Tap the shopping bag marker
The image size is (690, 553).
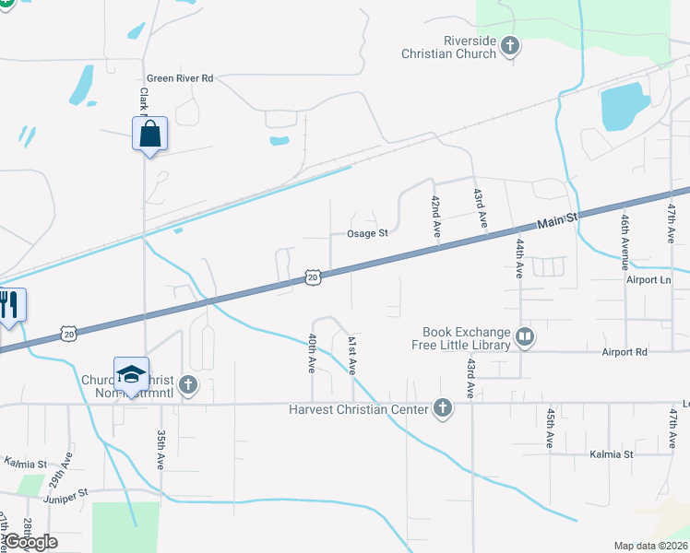pos(149,135)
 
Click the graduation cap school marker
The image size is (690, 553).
pos(131,374)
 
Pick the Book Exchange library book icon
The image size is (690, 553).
pos(525,338)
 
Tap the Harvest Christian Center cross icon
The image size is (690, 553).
pos(443,408)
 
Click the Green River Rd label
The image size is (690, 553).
pos(180,79)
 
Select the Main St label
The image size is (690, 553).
pos(556,219)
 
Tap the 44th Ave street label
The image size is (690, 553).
pos(519,259)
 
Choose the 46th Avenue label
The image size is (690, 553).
pos(625,236)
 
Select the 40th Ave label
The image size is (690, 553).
pos(312,353)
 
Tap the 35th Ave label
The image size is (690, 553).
pos(161,450)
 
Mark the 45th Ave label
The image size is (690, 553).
pos(550,429)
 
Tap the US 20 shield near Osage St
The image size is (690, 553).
pos(313,276)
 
